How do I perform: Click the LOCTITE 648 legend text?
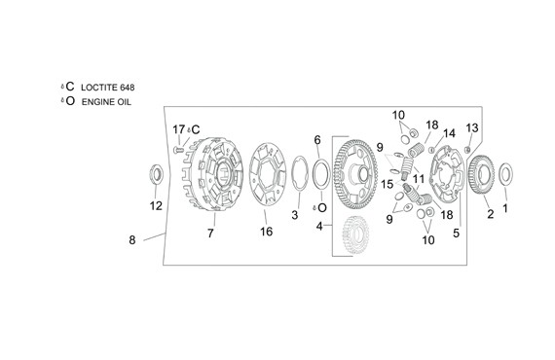[108, 88]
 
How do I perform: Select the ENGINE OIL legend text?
[106, 102]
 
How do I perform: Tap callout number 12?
[156, 206]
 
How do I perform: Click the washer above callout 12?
[155, 174]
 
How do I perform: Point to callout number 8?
[132, 240]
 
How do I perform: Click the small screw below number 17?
[178, 150]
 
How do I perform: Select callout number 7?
[210, 234]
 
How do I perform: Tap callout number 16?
[266, 232]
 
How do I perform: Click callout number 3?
[295, 215]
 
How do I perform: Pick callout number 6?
[317, 140]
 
